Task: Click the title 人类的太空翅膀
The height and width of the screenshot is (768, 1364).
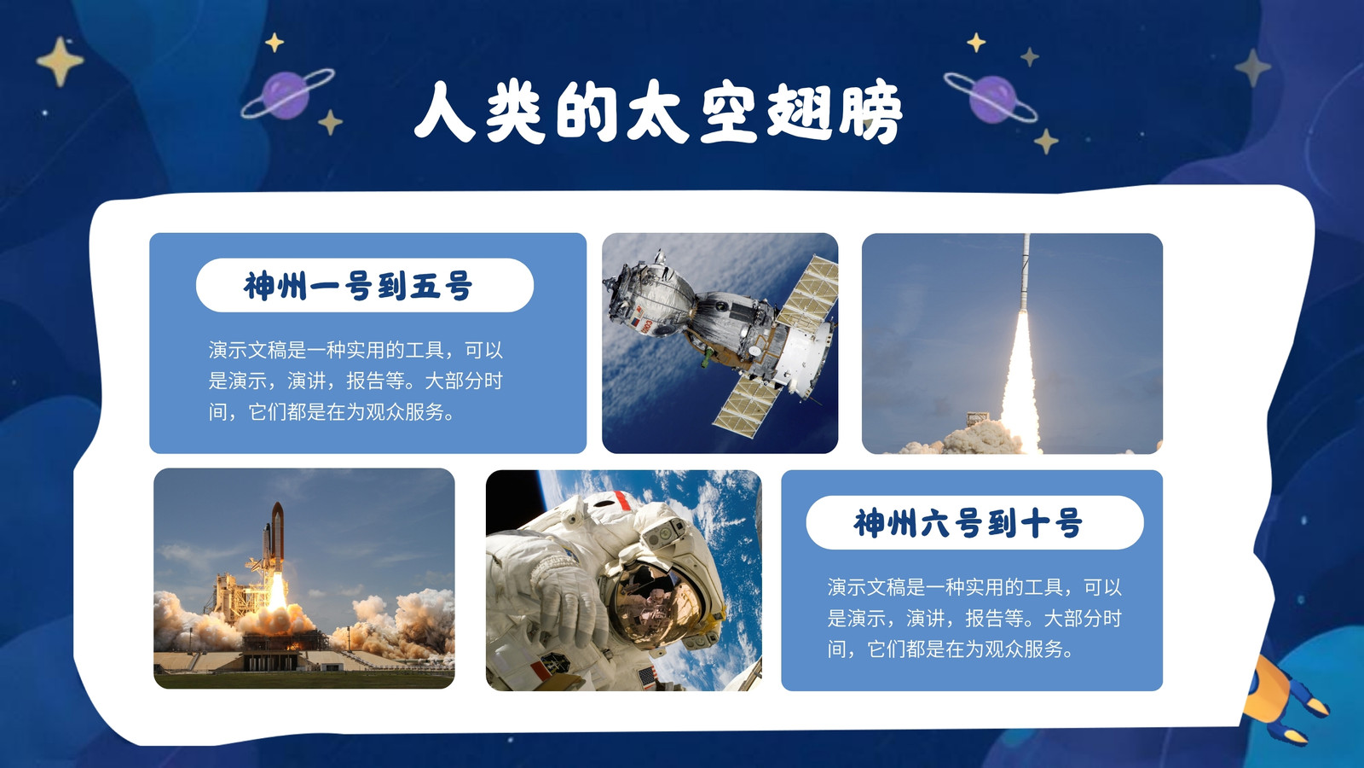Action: [x=657, y=113]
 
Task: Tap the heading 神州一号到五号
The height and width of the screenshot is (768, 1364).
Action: [x=358, y=285]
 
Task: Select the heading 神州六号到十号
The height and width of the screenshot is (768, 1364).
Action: [x=968, y=523]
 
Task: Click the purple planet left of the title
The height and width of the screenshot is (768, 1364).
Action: [x=287, y=94]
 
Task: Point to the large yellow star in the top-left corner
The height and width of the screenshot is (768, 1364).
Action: [x=60, y=61]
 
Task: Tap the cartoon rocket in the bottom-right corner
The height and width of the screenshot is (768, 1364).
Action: [x=1285, y=701]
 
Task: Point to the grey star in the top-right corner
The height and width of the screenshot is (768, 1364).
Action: [x=1252, y=67]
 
